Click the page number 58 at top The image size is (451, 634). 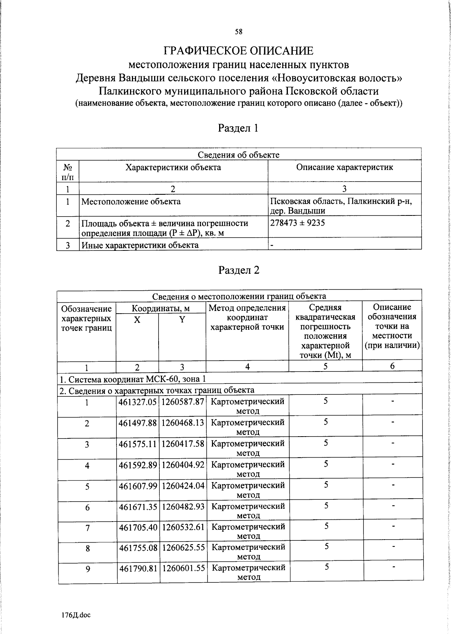coord(239,32)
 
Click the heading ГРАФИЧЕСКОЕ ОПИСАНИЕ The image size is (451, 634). coord(238,51)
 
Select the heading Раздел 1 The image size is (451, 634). coord(238,128)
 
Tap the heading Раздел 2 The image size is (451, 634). coord(239,270)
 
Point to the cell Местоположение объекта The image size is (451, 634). coord(131,202)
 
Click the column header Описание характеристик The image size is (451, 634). coord(344,167)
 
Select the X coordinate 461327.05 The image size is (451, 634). coord(138,402)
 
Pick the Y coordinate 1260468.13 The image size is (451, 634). coord(183,423)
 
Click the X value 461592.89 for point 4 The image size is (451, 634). coord(138,465)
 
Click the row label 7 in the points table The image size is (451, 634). coord(87,528)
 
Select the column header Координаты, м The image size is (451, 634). coord(161,309)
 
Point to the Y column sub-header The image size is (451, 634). coord(182,320)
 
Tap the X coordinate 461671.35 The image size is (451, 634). coord(138,507)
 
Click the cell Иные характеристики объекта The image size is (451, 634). coord(140,245)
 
